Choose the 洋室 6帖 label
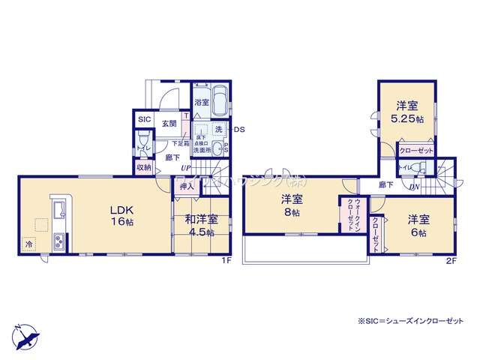pos(418,225)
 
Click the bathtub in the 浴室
pos(220,99)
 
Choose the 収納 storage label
pos(144,167)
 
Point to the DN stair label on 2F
pos(415,187)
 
